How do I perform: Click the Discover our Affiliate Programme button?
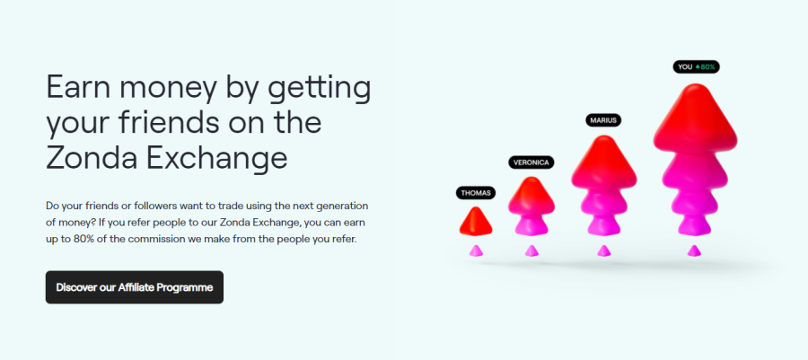click(x=135, y=287)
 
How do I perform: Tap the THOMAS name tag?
click(x=476, y=193)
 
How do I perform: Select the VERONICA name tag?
click(x=531, y=162)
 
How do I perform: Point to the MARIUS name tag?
click(x=603, y=120)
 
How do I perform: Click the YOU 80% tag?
click(x=696, y=66)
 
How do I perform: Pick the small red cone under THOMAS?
click(x=476, y=221)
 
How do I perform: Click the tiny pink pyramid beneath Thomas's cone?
click(x=476, y=250)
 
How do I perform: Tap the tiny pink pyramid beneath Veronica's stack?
click(x=531, y=250)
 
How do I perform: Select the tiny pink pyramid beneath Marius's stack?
click(x=603, y=250)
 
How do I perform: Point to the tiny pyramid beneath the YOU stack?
click(x=694, y=250)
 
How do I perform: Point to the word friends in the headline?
click(x=166, y=123)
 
